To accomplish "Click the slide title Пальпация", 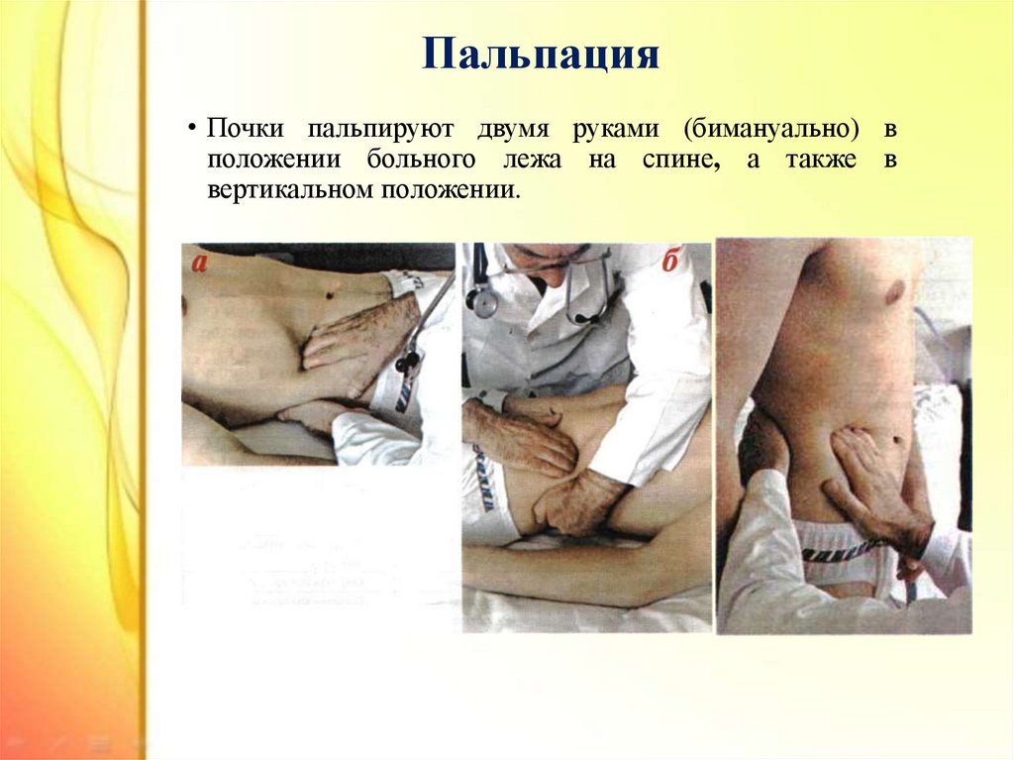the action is pyautogui.click(x=541, y=54).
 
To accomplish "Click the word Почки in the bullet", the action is pyautogui.click(x=246, y=128).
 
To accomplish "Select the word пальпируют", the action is pyautogui.click(x=380, y=130).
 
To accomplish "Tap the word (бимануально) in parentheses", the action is pyautogui.click(x=770, y=130).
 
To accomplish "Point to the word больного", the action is pyautogui.click(x=421, y=160).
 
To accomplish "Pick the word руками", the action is pyautogui.click(x=616, y=130).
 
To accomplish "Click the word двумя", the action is pyautogui.click(x=514, y=130).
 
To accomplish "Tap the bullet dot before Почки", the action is pyautogui.click(x=192, y=129).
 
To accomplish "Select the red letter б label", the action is pyautogui.click(x=670, y=261).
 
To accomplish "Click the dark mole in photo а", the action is pyautogui.click(x=329, y=296).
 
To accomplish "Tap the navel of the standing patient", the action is pyautogui.click(x=897, y=440).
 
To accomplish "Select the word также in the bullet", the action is pyautogui.click(x=821, y=161).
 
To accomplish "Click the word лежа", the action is pyautogui.click(x=532, y=161).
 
